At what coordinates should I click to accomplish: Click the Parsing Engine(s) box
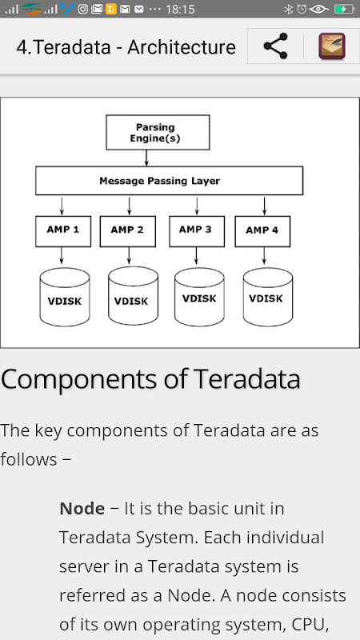click(158, 132)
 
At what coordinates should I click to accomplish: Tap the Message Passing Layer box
click(169, 181)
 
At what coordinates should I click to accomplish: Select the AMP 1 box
click(63, 231)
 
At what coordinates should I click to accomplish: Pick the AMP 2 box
click(128, 231)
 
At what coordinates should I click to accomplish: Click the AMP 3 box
click(197, 231)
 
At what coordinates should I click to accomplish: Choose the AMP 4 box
click(262, 231)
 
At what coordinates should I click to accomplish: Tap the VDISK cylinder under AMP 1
click(65, 297)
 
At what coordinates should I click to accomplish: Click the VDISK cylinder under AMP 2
click(133, 296)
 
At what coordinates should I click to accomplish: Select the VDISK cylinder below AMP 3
click(199, 297)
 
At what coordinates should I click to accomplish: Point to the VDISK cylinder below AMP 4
click(268, 297)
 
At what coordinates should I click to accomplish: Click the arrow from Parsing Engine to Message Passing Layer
click(146, 158)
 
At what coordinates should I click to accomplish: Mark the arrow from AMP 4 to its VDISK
click(264, 256)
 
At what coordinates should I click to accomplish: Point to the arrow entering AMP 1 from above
click(62, 206)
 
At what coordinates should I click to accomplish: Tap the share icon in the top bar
click(275, 46)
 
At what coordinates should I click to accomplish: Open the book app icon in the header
click(332, 46)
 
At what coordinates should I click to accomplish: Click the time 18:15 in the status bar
click(181, 9)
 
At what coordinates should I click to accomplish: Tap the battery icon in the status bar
click(344, 9)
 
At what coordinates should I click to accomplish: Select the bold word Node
click(82, 509)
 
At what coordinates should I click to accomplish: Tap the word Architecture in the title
click(182, 47)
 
